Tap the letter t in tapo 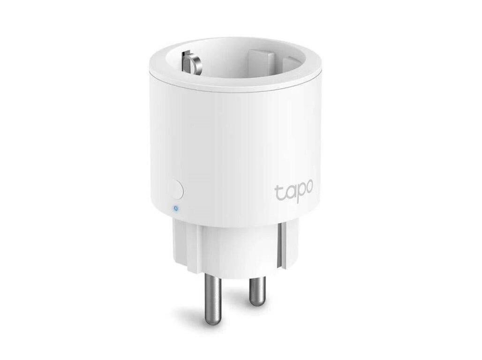click(278, 192)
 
